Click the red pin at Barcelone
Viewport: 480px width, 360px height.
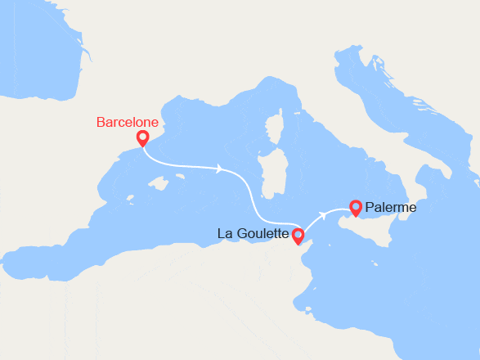[x=142, y=138]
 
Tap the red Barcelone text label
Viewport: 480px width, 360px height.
[x=127, y=122]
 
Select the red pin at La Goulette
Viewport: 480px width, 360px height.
[x=298, y=236]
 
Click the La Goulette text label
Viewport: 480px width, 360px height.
[x=253, y=234]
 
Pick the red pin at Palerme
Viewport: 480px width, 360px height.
[x=355, y=208]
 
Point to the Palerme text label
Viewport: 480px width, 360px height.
[x=392, y=208]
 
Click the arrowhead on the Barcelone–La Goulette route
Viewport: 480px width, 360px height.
[x=220, y=169]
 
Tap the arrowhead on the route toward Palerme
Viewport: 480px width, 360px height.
[x=326, y=214]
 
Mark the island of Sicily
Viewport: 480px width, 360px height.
[x=368, y=225]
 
